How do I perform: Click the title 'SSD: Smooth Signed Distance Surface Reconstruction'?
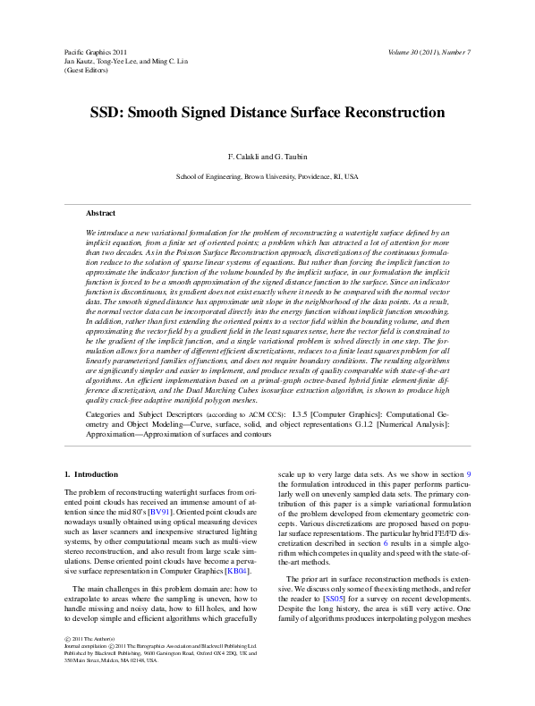pos(267,114)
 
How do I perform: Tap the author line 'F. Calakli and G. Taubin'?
pos(267,157)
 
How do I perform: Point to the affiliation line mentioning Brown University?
pos(267,177)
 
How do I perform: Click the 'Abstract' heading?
pos(100,213)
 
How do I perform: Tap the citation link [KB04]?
pos(236,570)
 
